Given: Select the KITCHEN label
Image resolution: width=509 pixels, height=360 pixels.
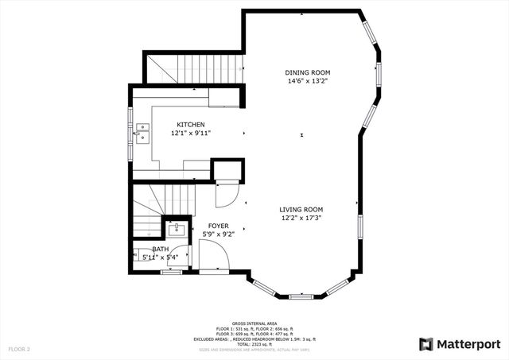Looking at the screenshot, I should (191, 125).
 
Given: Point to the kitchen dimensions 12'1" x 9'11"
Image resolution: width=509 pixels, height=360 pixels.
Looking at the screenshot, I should (191, 134).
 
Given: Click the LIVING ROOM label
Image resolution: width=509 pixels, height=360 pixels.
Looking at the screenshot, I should (301, 209).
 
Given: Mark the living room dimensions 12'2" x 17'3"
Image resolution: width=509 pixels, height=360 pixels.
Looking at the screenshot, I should (301, 218).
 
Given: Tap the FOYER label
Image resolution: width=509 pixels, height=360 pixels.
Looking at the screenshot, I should (219, 226).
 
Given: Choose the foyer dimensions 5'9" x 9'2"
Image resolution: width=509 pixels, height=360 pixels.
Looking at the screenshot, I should (219, 234).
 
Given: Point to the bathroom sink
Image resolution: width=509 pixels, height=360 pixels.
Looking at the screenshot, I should (175, 230).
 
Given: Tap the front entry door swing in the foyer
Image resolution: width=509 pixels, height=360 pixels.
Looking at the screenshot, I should (213, 256).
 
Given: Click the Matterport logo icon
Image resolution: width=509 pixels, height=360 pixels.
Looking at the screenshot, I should (427, 343).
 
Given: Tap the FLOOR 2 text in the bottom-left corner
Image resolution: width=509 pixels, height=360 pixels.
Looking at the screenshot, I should (19, 349).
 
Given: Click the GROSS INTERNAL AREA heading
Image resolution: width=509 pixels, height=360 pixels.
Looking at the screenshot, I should (254, 323).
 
